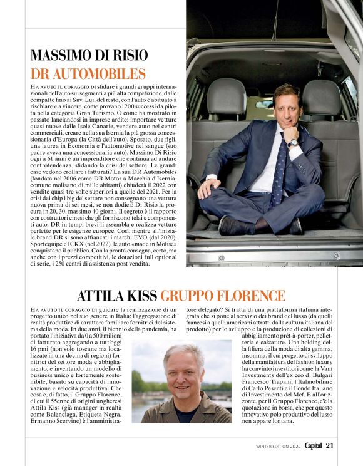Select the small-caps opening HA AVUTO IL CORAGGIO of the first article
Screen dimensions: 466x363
tap(62, 85)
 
